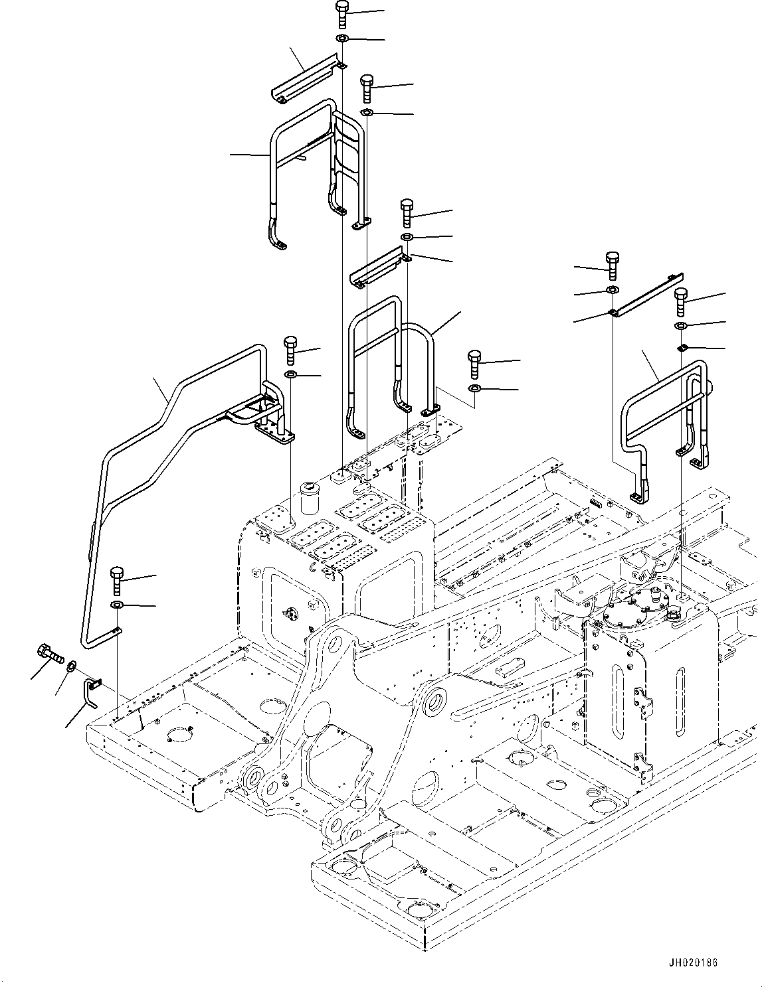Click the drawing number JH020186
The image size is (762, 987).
pos(694,962)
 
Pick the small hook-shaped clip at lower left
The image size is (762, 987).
pos(92,690)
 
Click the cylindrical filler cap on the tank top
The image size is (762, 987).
pos(310,498)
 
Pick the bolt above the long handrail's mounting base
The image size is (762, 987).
pos(291,350)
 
